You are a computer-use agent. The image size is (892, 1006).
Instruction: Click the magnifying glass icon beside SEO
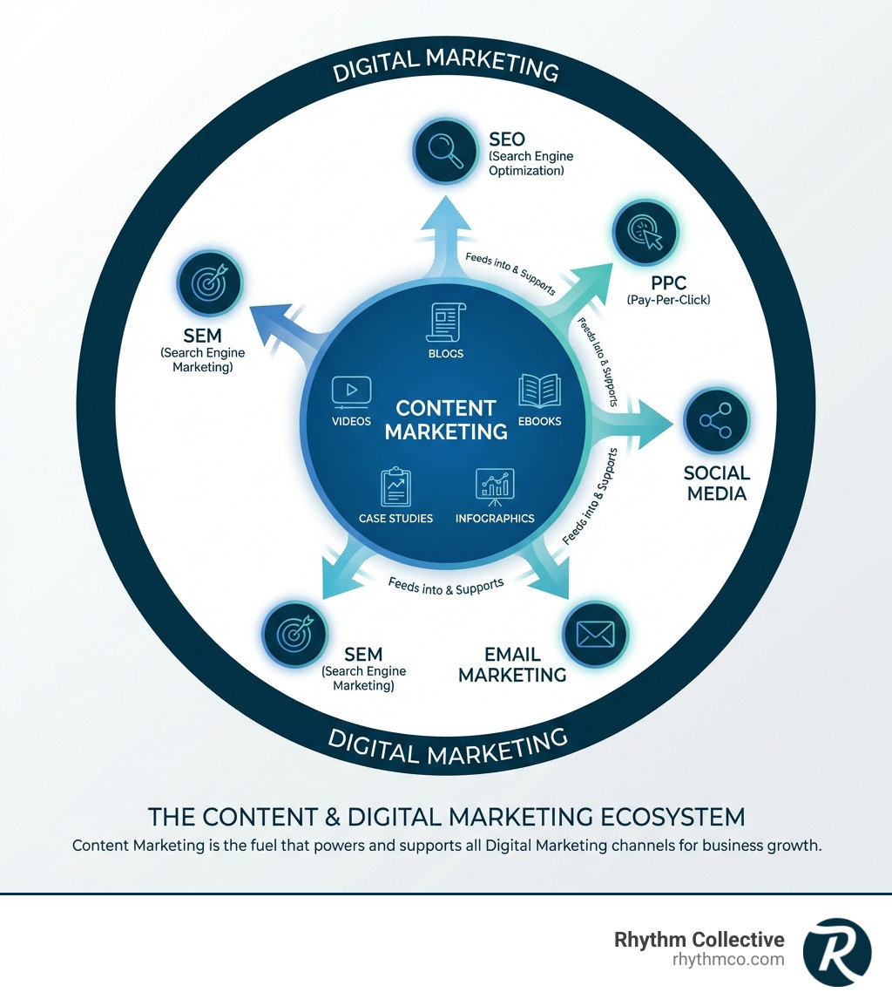point(445,151)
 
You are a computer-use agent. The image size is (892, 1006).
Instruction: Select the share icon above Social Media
point(715,422)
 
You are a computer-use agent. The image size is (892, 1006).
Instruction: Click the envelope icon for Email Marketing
point(596,634)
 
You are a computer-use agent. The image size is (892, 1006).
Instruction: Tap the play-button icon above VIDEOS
point(351,392)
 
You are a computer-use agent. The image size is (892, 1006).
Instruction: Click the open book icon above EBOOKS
point(539,392)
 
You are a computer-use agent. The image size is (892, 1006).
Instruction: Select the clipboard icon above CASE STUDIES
point(395,487)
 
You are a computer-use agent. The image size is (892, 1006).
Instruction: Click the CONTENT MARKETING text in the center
point(446,419)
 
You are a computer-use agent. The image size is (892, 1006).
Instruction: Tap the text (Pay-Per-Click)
point(668,300)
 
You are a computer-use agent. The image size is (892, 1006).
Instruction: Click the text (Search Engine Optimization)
point(530,163)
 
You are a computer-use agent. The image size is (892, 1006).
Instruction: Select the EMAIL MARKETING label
point(512,664)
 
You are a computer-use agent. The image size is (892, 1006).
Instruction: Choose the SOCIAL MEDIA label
point(716,483)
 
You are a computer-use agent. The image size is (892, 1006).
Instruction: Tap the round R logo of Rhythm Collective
point(836,952)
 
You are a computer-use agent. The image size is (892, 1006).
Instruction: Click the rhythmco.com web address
point(728,959)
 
